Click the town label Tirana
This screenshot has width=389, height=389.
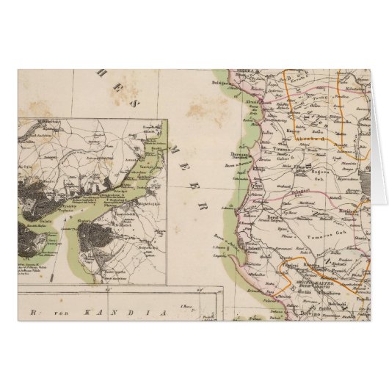(x=282, y=146)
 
